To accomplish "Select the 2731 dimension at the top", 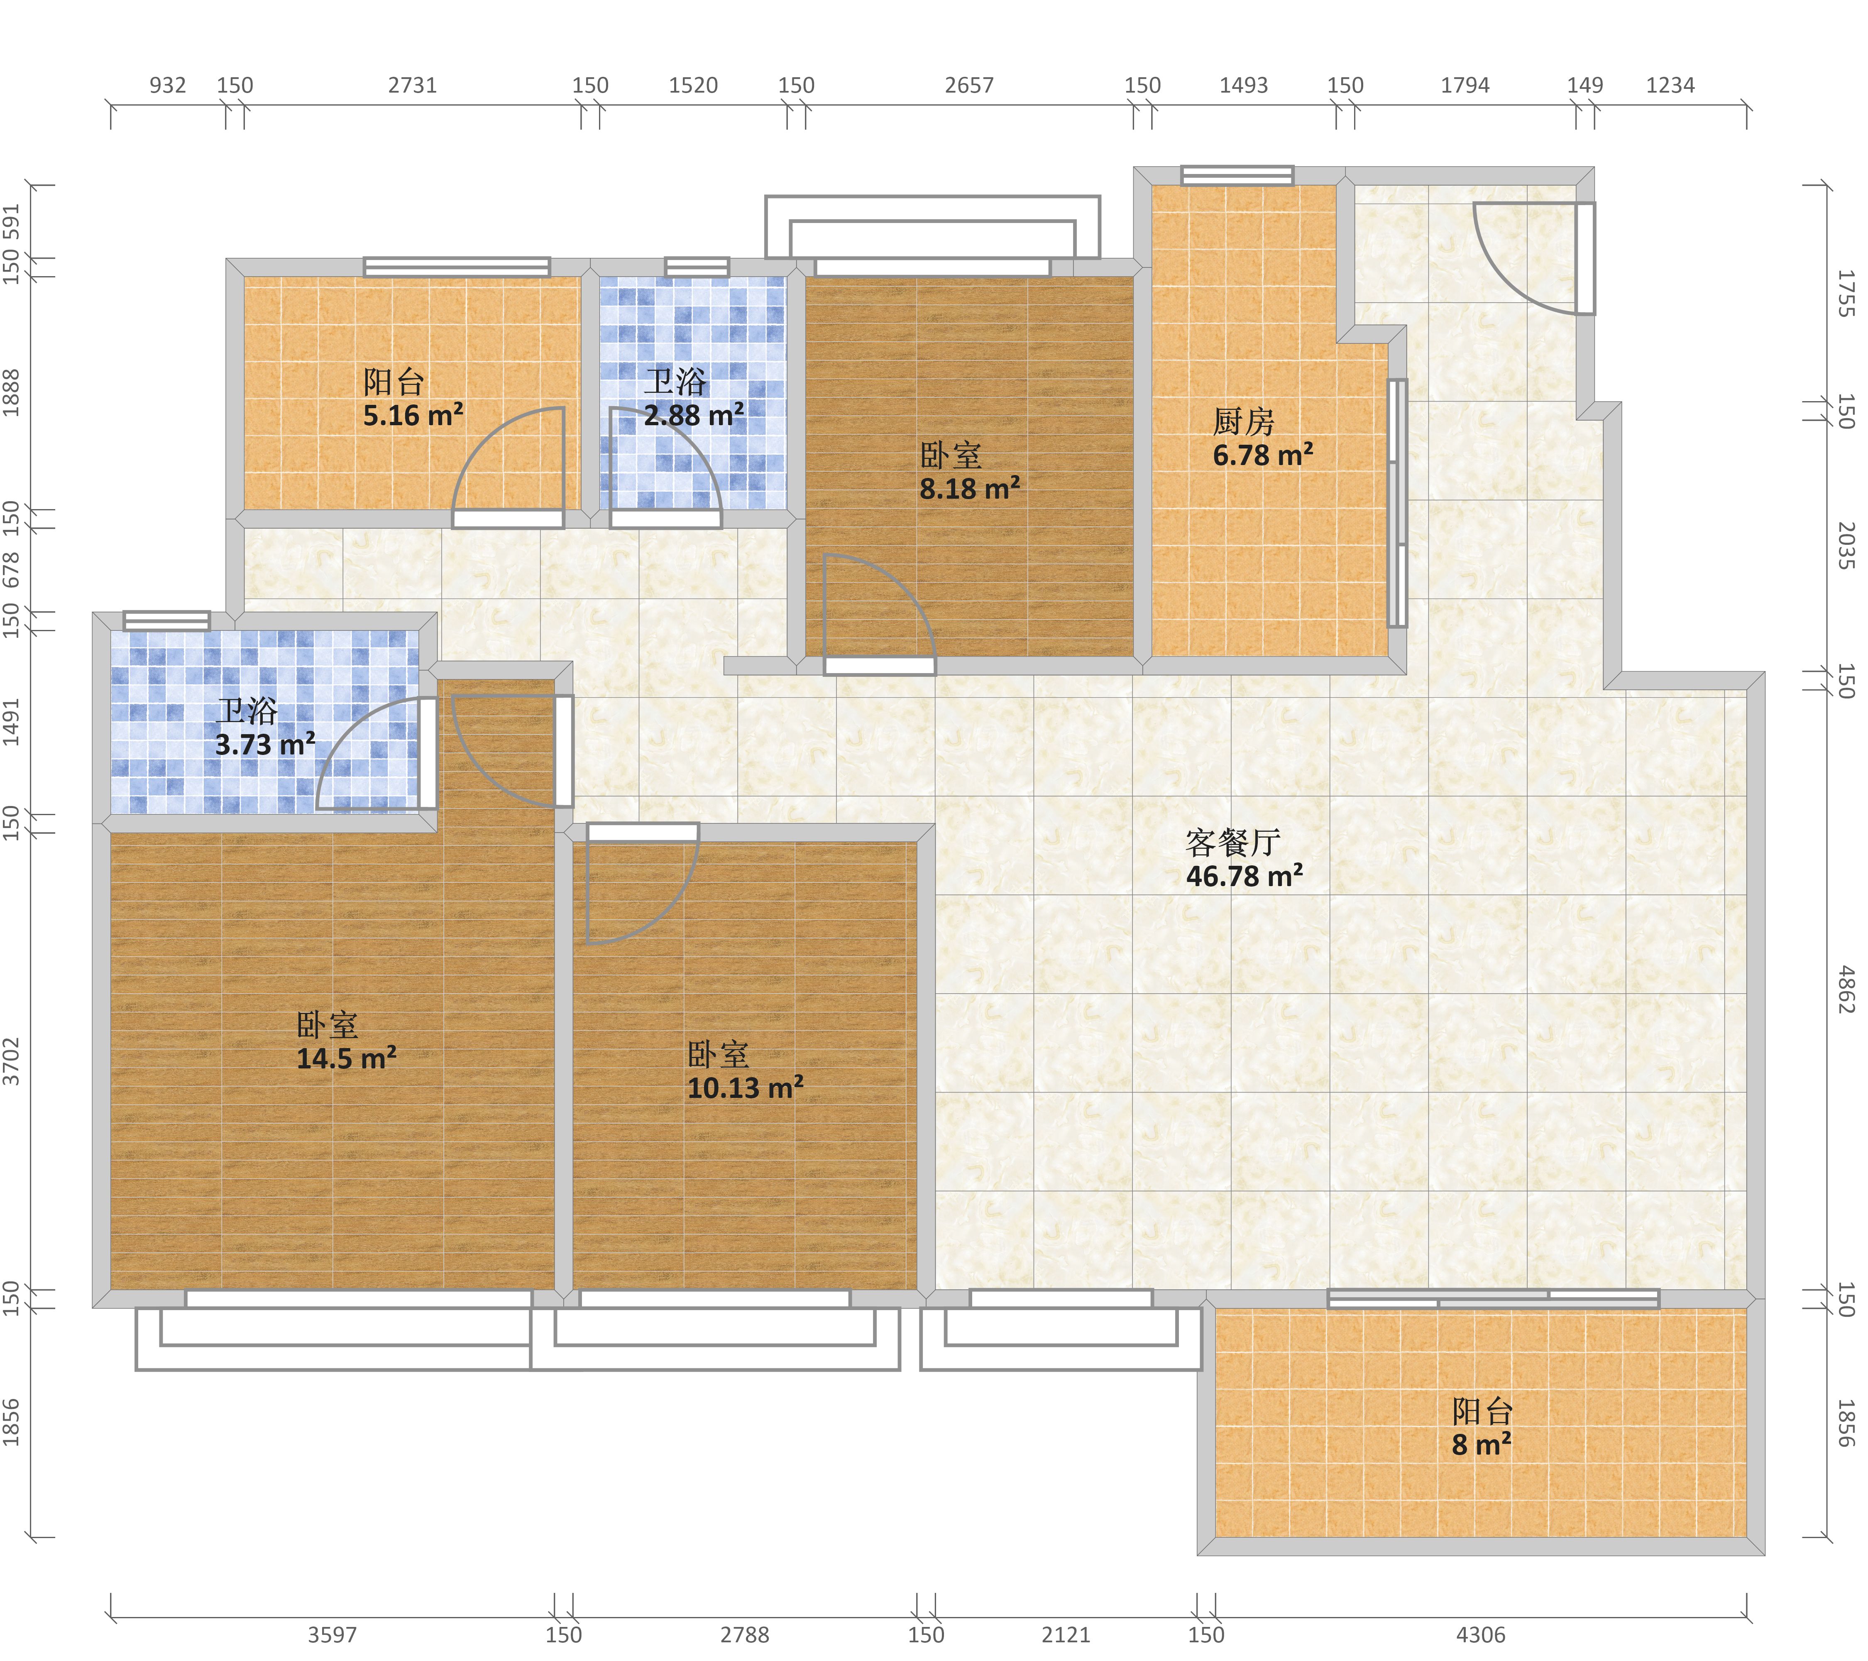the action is [x=412, y=85].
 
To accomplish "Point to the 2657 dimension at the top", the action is [x=969, y=85].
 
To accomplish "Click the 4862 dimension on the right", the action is [x=1846, y=989].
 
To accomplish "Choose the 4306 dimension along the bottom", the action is [x=1481, y=1634].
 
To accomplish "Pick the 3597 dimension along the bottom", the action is [x=332, y=1634].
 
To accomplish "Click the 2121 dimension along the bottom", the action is [x=1066, y=1634].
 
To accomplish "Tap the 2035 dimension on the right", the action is [x=1846, y=546].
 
